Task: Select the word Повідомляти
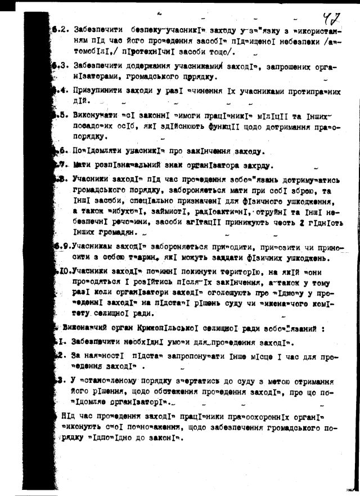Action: point(99,151)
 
